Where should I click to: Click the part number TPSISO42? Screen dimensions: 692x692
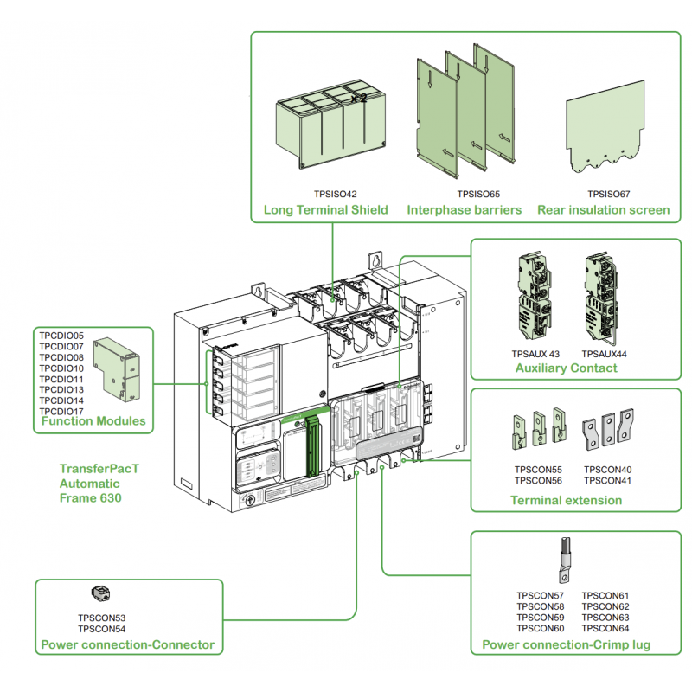click(334, 195)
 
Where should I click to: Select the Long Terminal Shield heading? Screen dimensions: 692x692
click(325, 209)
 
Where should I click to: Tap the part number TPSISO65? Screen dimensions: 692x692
click(478, 195)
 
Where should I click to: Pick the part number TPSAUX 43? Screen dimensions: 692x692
click(535, 354)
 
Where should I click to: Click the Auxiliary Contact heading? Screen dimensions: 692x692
click(566, 368)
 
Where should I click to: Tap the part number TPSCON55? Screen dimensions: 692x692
click(538, 470)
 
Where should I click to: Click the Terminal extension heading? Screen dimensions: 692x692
click(566, 500)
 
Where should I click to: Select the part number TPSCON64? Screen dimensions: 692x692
click(605, 629)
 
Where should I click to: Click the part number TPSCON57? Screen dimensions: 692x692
click(540, 596)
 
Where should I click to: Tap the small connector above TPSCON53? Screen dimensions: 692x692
click(102, 593)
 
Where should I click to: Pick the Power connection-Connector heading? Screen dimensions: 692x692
click(128, 644)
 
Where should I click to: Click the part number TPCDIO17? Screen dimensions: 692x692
click(61, 411)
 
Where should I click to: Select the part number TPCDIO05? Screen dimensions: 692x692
click(61, 336)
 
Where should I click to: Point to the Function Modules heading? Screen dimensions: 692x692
click(93, 423)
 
